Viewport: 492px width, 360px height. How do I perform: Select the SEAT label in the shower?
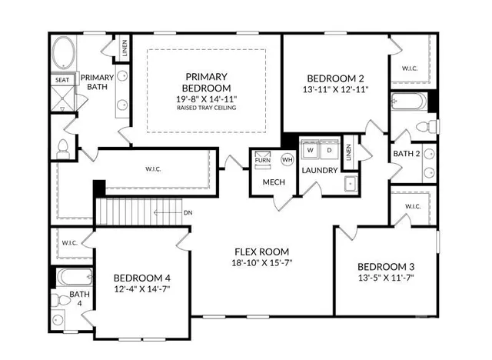click(x=61, y=79)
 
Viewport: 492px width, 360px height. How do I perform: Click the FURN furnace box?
click(x=263, y=160)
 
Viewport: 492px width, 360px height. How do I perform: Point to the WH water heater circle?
click(x=287, y=159)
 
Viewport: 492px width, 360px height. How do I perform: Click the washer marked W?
click(x=310, y=150)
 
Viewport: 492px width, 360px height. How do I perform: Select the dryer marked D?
click(x=328, y=150)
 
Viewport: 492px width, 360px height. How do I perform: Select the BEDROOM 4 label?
click(x=142, y=278)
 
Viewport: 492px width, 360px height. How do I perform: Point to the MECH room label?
click(x=274, y=182)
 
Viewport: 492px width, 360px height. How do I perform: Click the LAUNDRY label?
click(x=319, y=170)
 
